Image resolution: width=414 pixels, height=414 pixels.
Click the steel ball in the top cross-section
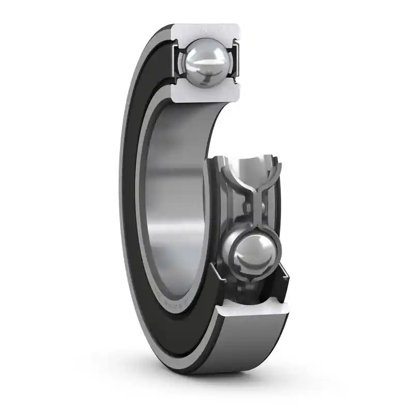205,63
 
